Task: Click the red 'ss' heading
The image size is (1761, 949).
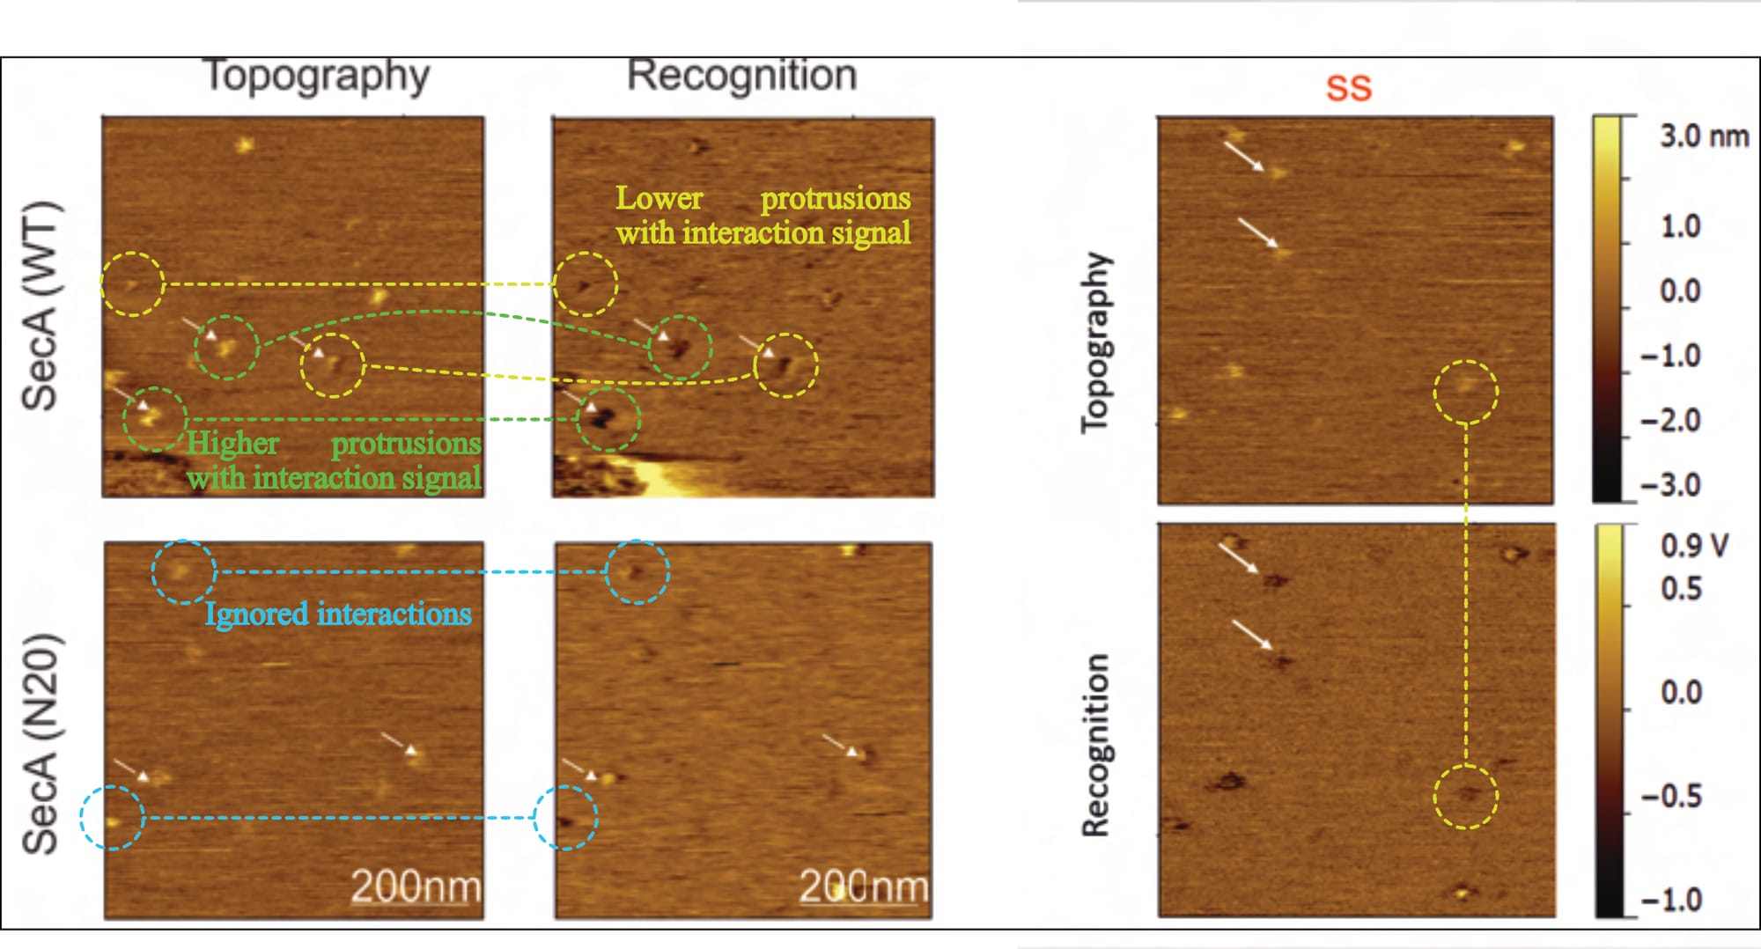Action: (x=1348, y=88)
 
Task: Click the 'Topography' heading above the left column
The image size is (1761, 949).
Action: (x=317, y=76)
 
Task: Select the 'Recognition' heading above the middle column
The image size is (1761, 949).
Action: (x=741, y=76)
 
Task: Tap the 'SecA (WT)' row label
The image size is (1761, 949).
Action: (x=41, y=306)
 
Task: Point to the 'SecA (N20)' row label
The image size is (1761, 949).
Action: (x=41, y=744)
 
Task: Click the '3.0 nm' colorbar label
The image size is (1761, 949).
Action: (x=1704, y=136)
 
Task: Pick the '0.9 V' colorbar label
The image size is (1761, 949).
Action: (x=1694, y=546)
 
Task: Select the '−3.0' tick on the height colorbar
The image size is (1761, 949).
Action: (x=1669, y=485)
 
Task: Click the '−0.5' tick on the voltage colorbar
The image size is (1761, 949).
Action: (x=1671, y=797)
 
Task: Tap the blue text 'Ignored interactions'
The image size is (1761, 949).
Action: (x=338, y=614)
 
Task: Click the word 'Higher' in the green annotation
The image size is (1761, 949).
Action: (x=233, y=443)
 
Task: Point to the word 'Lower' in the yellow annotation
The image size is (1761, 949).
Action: (x=659, y=198)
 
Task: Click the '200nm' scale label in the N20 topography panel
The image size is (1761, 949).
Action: (x=416, y=886)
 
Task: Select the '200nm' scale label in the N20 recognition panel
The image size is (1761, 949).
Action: (x=863, y=886)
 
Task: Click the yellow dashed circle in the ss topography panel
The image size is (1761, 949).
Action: (x=1465, y=392)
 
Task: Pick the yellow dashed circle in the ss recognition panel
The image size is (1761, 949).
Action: (x=1465, y=797)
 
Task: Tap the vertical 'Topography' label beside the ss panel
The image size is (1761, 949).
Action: (x=1096, y=343)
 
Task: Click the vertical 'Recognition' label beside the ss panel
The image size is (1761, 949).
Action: (x=1096, y=745)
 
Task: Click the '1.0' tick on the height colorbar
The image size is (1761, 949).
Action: (x=1680, y=227)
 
